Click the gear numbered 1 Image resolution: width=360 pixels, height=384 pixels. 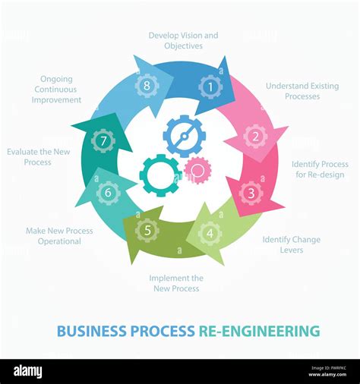tap(210, 87)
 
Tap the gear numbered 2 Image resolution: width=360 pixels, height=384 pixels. tap(255, 137)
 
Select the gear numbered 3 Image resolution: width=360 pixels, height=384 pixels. tap(251, 193)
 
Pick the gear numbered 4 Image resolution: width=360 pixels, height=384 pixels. tap(210, 233)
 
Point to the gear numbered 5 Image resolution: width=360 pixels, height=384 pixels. tap(147, 230)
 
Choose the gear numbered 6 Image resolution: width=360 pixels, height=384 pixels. tap(108, 193)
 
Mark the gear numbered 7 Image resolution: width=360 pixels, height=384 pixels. tap(103, 140)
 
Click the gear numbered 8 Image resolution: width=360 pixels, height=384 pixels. tap(147, 85)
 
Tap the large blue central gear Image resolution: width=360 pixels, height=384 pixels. tap(184, 136)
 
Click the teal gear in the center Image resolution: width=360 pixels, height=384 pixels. tap(160, 175)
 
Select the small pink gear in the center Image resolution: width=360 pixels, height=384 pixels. tap(197, 170)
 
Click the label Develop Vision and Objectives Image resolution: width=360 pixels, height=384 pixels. tap(183, 40)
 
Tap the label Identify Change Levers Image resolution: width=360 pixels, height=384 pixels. tap(291, 244)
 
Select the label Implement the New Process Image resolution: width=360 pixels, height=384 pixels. tap(175, 283)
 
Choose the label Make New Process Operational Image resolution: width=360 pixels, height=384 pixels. tap(59, 236)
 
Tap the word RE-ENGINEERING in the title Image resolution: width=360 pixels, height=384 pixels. tap(259, 331)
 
